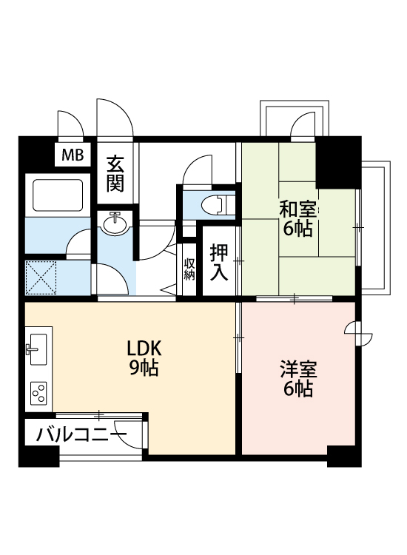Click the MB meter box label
(72, 155)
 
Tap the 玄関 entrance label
(114, 174)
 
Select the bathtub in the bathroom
(56, 195)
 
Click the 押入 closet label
(218, 262)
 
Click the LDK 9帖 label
(144, 358)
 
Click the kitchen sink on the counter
(37, 346)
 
